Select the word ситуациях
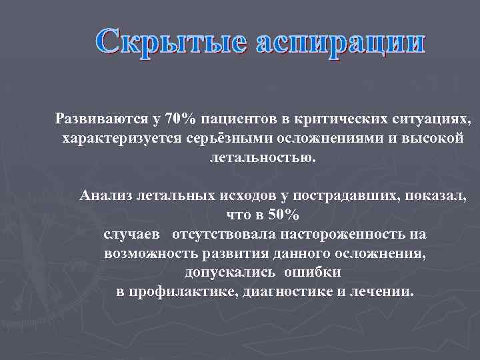pyautogui.click(x=418, y=120)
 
